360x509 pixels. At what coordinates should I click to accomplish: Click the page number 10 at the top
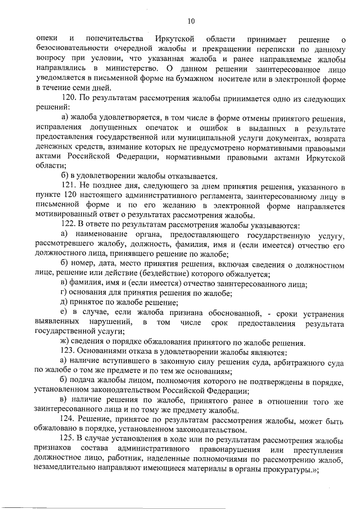click(191, 21)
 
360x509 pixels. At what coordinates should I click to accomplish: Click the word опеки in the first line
click(46, 38)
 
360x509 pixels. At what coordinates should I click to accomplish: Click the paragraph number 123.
click(67, 353)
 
